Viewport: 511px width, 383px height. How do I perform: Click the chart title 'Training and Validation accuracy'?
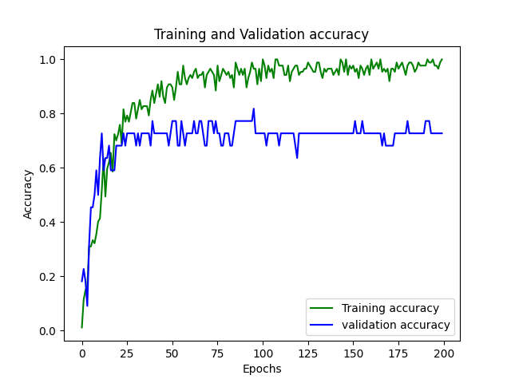[261, 34]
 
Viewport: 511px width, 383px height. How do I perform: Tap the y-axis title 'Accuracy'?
[28, 195]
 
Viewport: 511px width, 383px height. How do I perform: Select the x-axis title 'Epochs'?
[262, 369]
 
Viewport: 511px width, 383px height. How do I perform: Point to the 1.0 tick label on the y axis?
[47, 60]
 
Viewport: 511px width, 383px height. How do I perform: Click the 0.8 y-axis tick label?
[47, 114]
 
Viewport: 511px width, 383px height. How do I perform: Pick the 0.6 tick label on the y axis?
[47, 168]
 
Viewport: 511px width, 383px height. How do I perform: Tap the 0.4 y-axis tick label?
[47, 223]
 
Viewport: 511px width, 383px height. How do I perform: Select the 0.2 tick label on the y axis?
[47, 277]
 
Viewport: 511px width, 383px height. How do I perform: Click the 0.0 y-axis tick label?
[47, 331]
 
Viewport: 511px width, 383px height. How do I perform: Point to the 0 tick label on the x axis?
[82, 353]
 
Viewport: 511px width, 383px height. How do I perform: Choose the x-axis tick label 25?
[127, 353]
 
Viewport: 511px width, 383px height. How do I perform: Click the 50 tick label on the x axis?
[172, 353]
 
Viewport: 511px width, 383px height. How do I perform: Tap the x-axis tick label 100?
[263, 353]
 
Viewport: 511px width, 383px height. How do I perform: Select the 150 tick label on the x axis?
[353, 353]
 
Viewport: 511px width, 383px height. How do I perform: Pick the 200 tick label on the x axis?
[444, 353]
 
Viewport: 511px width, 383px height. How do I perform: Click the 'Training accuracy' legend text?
[390, 308]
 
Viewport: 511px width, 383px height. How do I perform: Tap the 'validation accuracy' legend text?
[396, 325]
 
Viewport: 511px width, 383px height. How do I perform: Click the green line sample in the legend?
[321, 308]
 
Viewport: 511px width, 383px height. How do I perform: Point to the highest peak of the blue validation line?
[254, 109]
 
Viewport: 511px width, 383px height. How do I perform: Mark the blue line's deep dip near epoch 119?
[297, 158]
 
